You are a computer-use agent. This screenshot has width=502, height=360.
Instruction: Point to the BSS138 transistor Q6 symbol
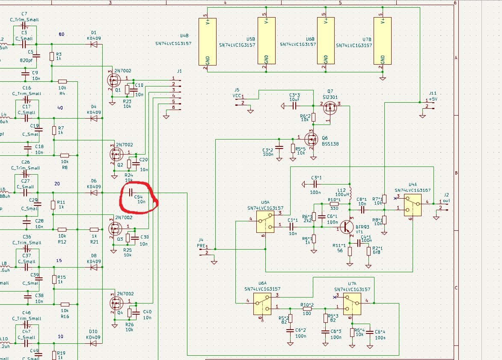pos(311,139)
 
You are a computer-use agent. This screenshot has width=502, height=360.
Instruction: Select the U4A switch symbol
pos(412,206)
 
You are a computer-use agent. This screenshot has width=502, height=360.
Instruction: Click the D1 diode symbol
pos(94,44)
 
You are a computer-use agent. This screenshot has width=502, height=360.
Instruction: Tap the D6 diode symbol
pos(94,193)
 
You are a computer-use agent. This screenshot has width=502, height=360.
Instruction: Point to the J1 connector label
pos(179,71)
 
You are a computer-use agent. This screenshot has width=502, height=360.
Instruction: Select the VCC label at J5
pos(237,96)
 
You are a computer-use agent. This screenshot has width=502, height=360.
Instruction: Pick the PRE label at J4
pos(201,246)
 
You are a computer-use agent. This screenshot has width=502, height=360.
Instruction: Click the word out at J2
pos(446,200)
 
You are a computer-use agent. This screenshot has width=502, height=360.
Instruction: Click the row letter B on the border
pos(456,173)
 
